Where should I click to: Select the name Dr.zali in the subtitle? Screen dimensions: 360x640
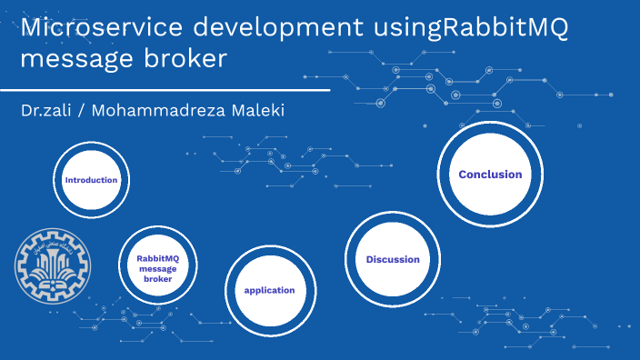[x=47, y=110]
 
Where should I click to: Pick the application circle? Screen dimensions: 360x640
[x=269, y=291]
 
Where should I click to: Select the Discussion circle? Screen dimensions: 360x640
[x=393, y=260]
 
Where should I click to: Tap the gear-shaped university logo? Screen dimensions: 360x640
[x=49, y=265]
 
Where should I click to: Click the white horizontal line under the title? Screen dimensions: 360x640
[x=164, y=90]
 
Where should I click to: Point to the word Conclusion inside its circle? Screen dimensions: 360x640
[x=490, y=175]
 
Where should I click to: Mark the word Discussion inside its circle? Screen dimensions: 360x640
[x=393, y=260]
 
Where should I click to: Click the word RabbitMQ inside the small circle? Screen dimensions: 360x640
[x=157, y=258]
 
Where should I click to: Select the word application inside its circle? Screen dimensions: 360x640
[x=269, y=291]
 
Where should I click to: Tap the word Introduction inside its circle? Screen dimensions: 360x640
[x=91, y=180]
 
